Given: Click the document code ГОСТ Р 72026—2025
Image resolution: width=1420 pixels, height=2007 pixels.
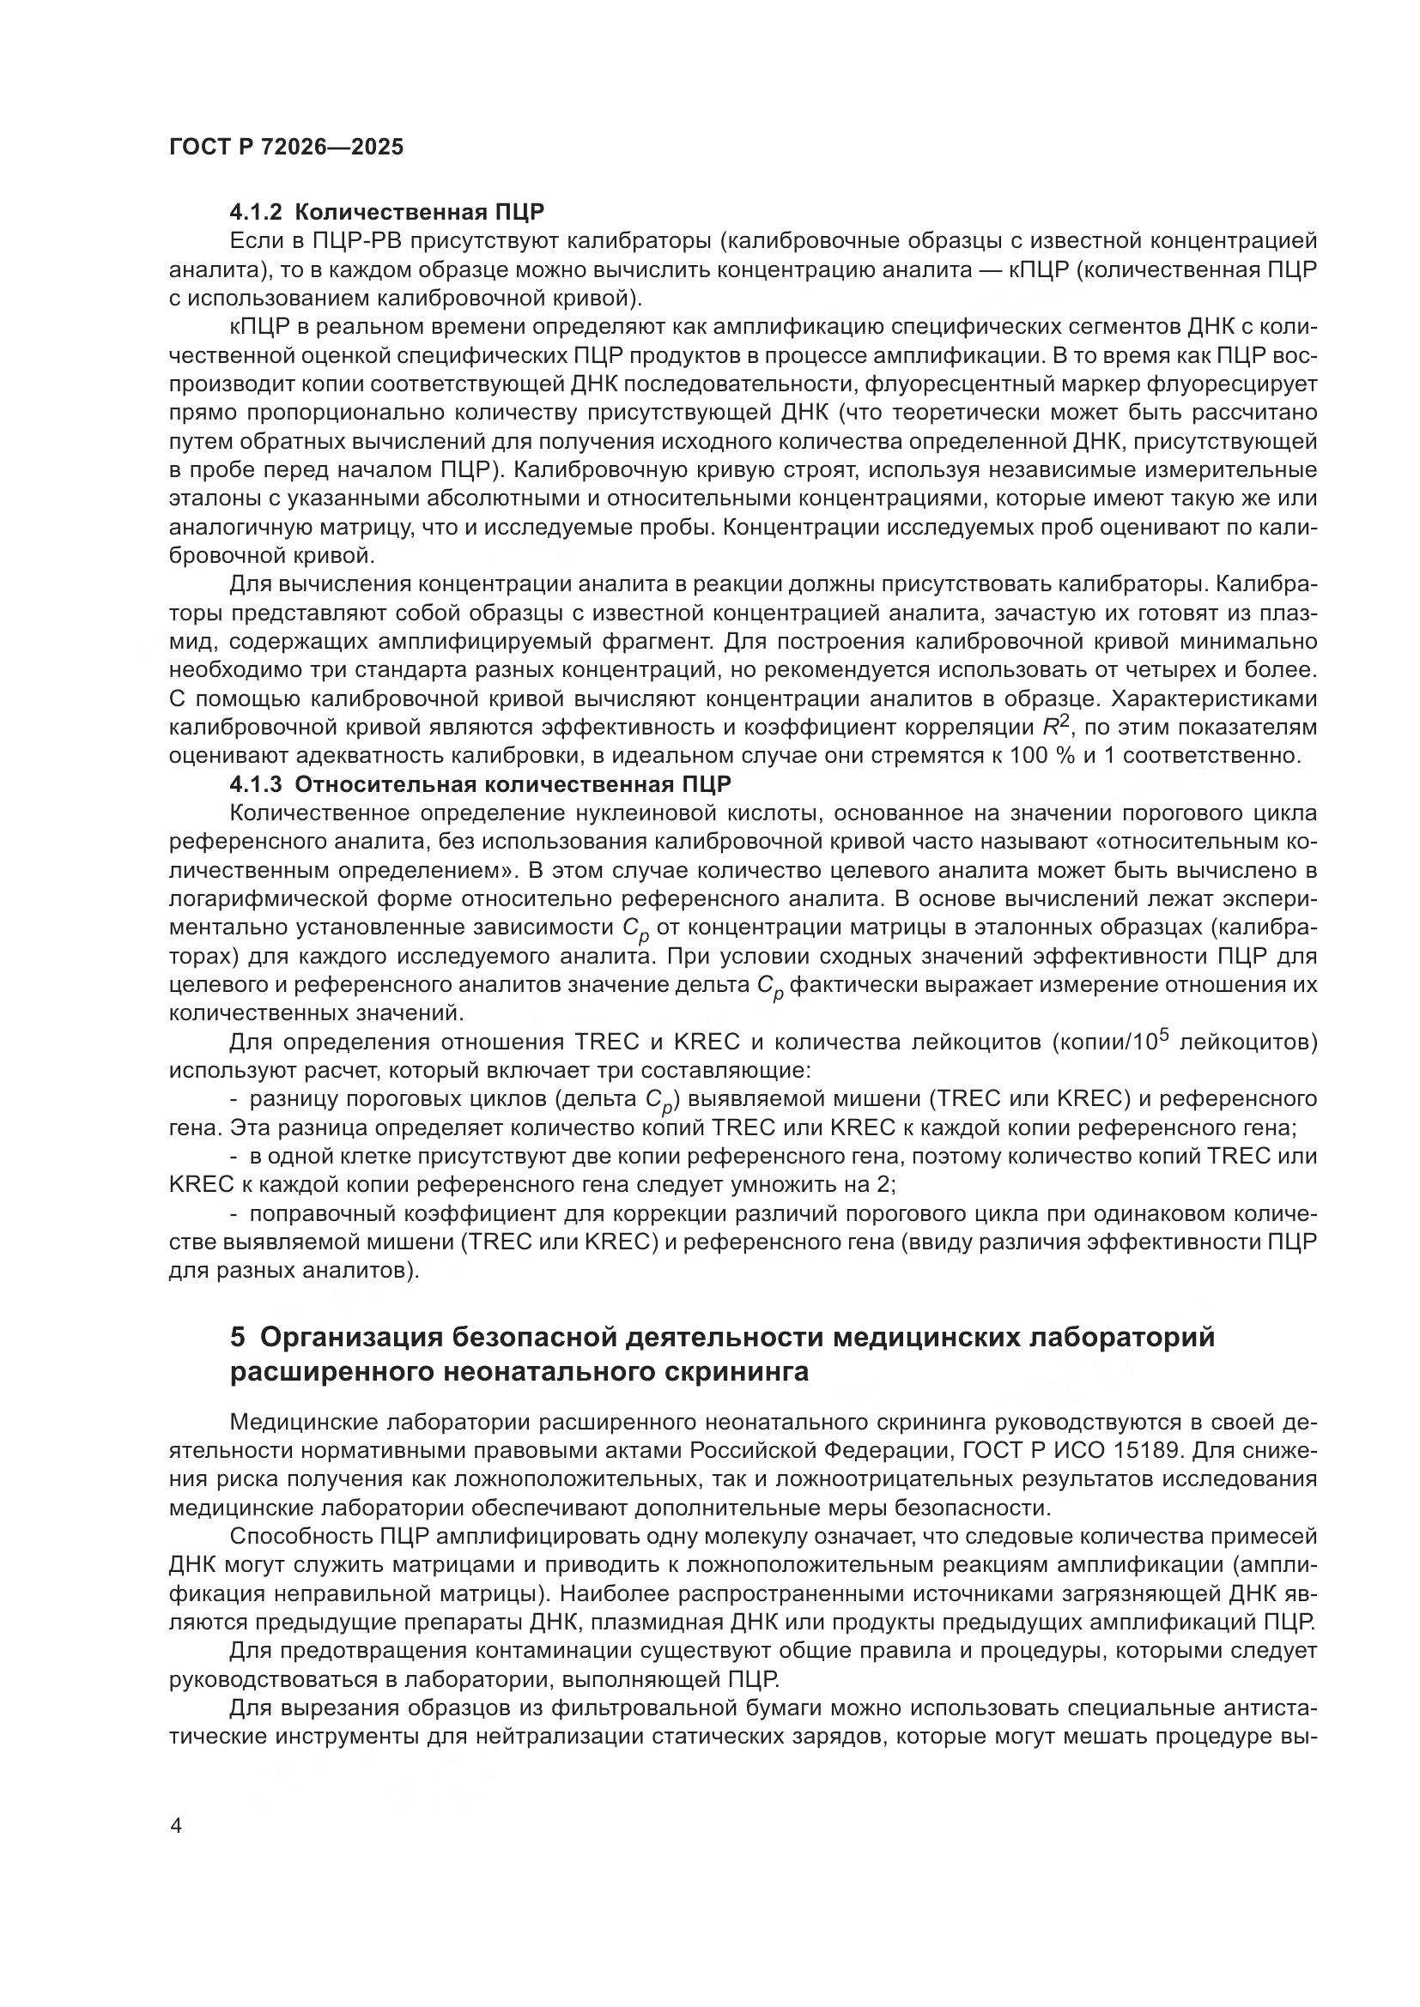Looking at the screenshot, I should coord(286,147).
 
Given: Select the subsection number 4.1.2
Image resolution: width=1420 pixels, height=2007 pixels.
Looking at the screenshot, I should coord(257,213).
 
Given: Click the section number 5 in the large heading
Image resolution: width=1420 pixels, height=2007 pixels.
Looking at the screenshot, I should coord(238,1337).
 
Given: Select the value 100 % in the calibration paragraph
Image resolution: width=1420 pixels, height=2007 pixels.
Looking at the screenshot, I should coord(1042,755).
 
